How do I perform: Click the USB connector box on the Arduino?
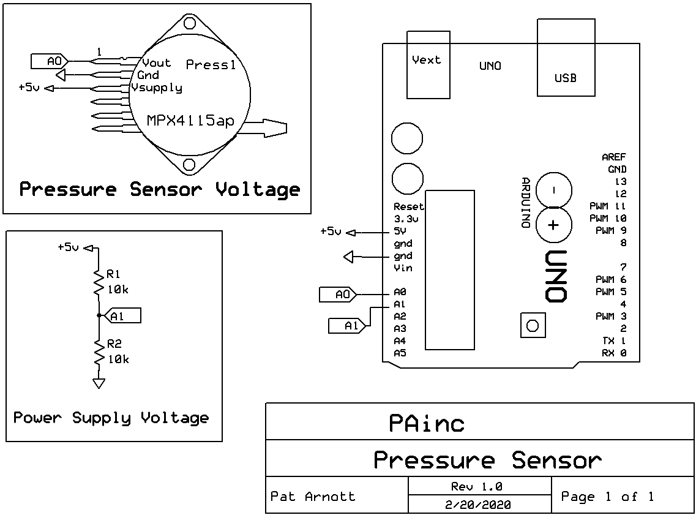coord(566,58)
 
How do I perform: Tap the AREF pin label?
coord(614,157)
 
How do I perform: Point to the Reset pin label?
coord(408,206)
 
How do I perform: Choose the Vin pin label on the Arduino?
coord(403,268)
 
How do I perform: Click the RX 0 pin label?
coord(614,353)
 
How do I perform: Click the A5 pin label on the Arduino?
coord(400,353)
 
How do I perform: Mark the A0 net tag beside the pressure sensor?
coord(50,61)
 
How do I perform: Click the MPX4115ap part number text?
coord(190,121)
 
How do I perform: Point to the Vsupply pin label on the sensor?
coord(157,88)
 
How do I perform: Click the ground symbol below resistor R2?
coord(98,384)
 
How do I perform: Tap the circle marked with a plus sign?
coord(553,225)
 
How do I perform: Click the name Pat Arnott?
coord(312,496)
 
